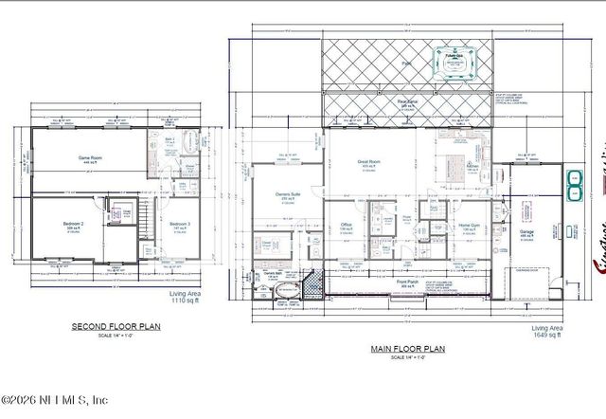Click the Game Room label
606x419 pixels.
(90, 157)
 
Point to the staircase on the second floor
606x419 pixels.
(147, 222)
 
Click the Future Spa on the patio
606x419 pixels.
(453, 60)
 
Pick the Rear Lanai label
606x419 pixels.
(408, 103)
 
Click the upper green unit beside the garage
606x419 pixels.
(575, 176)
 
